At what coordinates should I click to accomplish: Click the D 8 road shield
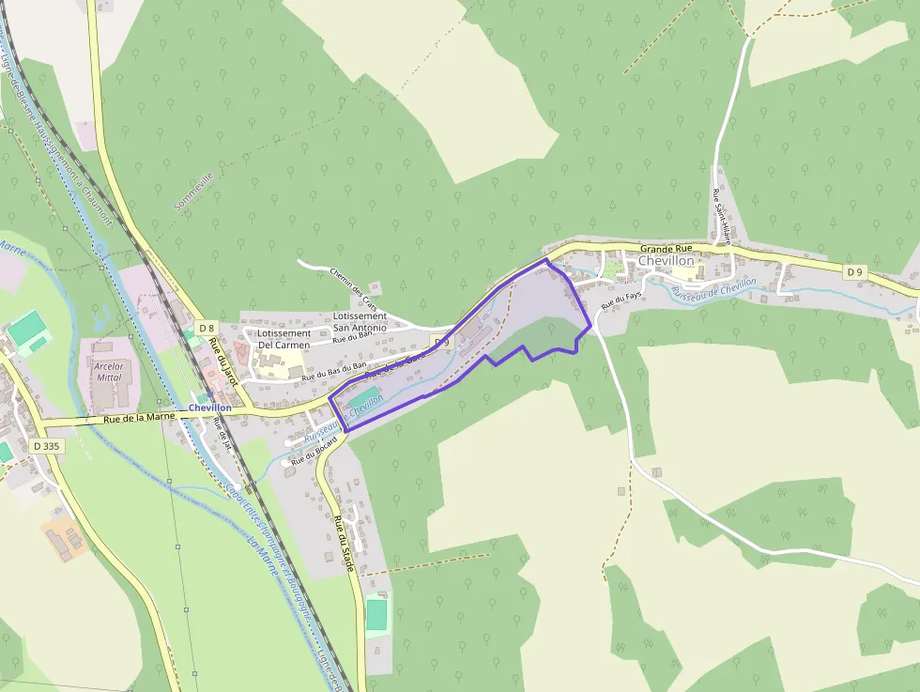click(x=207, y=327)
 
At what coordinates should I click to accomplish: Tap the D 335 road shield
click(x=46, y=446)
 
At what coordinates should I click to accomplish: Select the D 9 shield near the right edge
click(x=853, y=272)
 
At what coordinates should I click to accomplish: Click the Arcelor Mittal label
click(x=109, y=371)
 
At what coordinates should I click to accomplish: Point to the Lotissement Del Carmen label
click(x=284, y=339)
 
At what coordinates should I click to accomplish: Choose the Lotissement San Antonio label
click(x=360, y=322)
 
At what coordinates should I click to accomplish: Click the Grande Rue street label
click(x=665, y=249)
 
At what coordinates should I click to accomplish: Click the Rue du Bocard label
click(x=313, y=455)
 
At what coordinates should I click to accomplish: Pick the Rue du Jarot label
click(x=227, y=361)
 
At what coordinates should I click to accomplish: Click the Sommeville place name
click(x=194, y=191)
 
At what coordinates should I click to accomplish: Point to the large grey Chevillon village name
click(x=666, y=261)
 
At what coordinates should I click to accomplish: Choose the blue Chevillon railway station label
click(x=209, y=408)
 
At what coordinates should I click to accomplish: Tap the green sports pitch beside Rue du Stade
click(x=376, y=614)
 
